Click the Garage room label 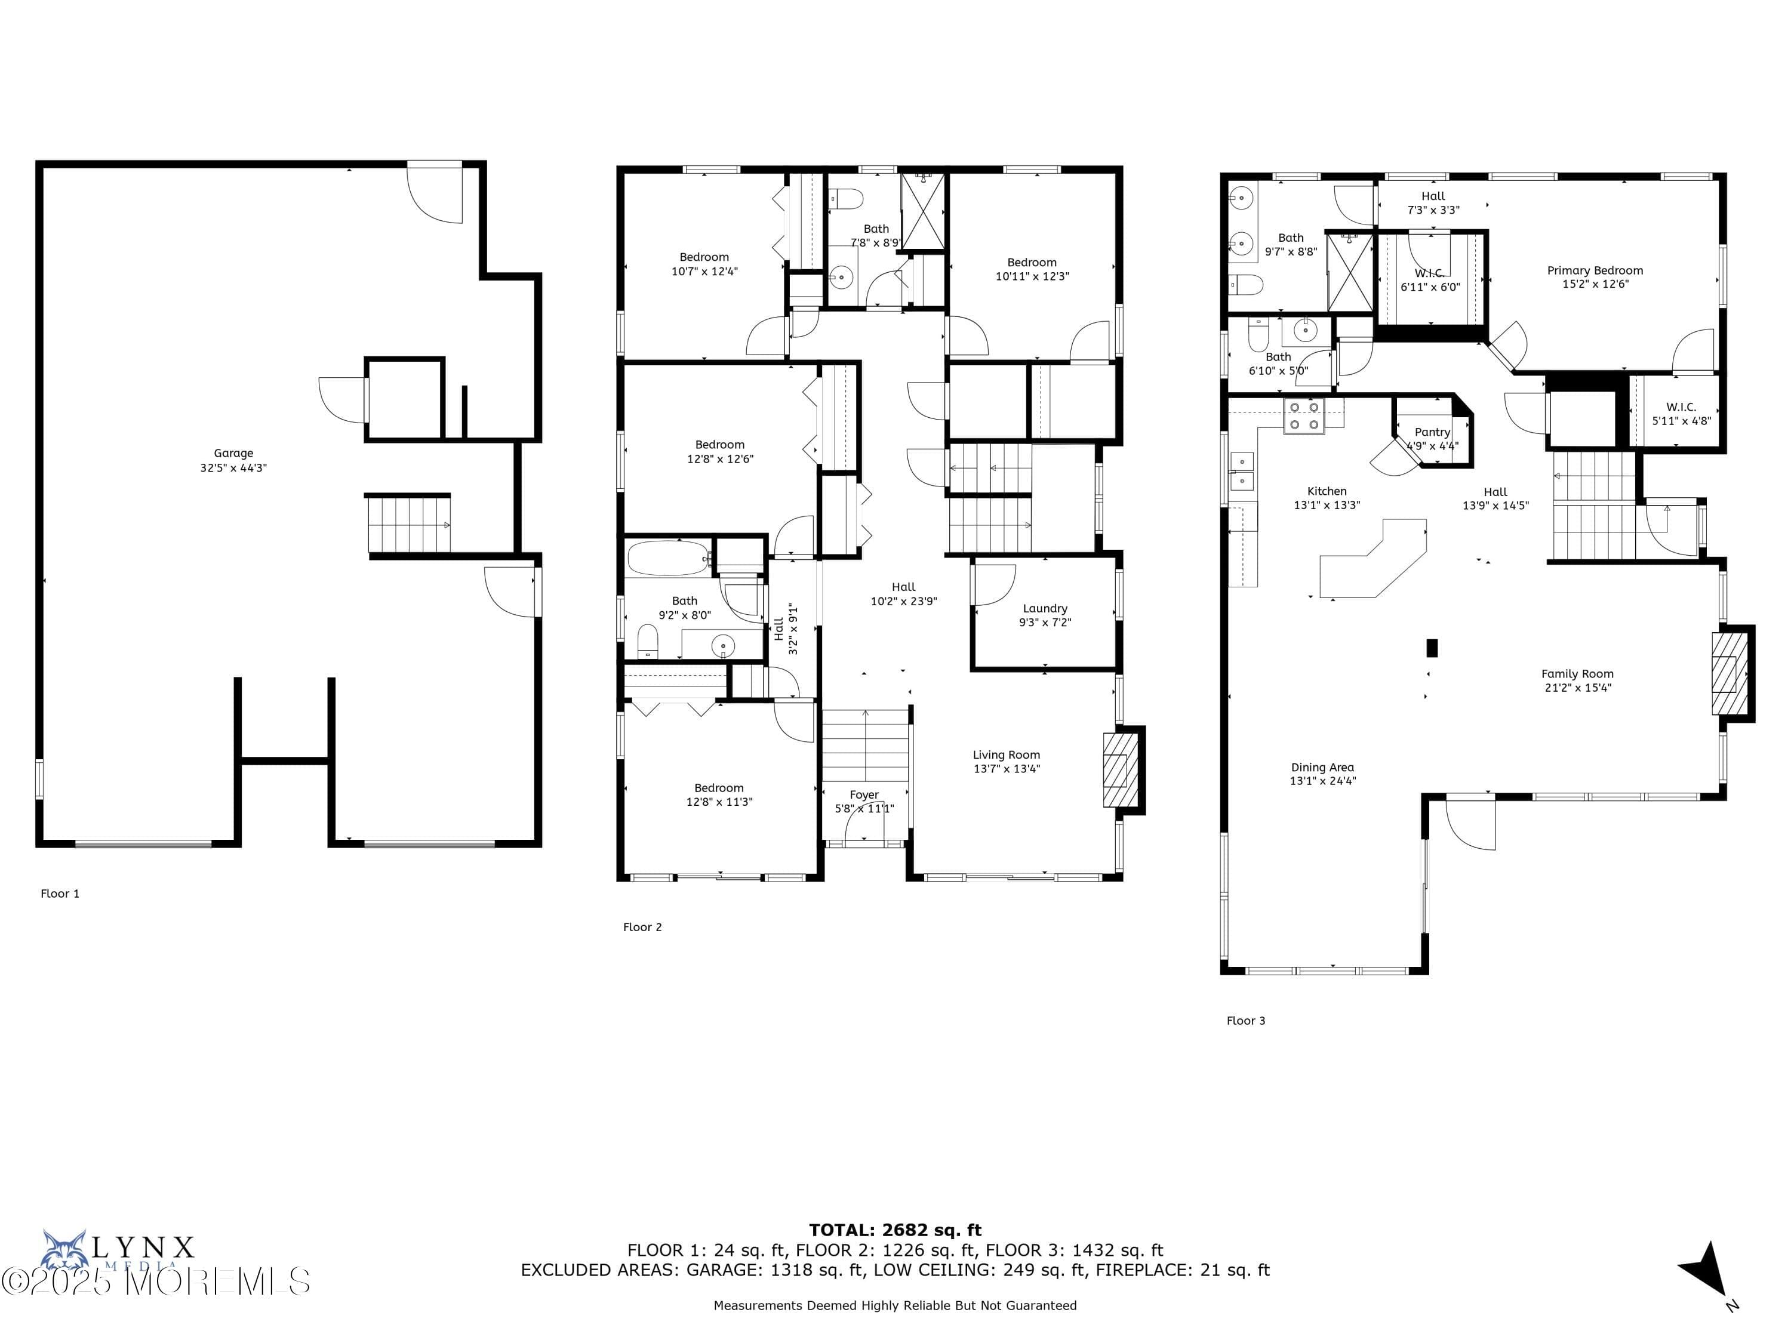pos(233,453)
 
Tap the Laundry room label pos(1045,608)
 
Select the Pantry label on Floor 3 pos(1432,432)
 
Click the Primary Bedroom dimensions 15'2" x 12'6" pos(1594,284)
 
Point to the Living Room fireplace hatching pos(1116,770)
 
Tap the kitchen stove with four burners pos(1304,416)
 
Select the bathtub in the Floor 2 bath pos(668,557)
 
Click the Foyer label pos(864,795)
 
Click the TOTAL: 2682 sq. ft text pos(895,1230)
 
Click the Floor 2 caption pos(642,927)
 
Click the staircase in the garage pos(409,525)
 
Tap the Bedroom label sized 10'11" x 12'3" pos(1032,262)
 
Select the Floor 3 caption pos(1245,1021)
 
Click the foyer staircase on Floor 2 pos(864,745)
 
